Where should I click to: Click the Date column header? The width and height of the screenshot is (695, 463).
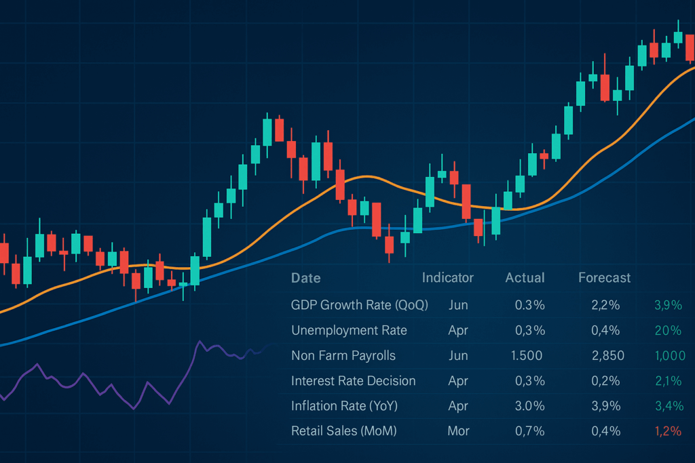click(305, 278)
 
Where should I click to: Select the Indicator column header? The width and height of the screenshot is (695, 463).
click(448, 277)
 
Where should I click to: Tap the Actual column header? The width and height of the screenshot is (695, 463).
click(525, 277)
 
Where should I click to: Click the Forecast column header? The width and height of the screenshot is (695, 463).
click(604, 277)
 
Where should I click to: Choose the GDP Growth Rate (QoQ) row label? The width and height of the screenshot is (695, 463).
click(360, 305)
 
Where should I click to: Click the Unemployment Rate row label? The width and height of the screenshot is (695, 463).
click(349, 330)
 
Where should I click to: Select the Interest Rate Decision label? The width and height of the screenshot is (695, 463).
click(353, 380)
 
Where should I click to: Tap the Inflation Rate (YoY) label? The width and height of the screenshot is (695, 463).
click(344, 406)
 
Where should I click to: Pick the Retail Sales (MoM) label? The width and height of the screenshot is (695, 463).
click(343, 431)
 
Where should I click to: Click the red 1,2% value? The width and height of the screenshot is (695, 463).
click(668, 431)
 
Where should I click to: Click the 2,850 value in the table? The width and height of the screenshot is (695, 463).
click(607, 355)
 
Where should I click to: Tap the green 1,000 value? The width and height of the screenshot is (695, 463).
click(666, 355)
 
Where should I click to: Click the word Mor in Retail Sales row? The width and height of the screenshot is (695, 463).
click(458, 431)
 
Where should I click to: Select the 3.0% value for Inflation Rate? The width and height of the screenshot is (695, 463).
click(530, 406)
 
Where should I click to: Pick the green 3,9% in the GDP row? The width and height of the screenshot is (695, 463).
click(668, 305)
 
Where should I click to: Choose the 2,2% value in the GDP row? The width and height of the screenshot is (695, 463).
click(605, 305)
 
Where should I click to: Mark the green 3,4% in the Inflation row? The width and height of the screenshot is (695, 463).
click(668, 406)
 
